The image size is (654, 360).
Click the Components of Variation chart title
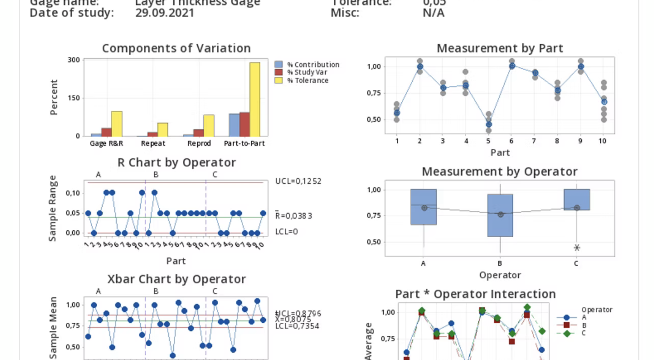pos(176,48)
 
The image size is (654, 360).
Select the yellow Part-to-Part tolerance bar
pos(255,99)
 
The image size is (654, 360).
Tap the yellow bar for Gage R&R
pos(116,124)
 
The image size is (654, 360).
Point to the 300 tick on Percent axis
pos(74,60)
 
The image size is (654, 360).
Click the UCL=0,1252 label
pos(298,181)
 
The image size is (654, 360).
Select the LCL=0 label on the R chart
pos(286,232)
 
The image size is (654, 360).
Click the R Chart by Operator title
pos(176,163)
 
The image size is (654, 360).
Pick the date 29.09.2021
pos(165,13)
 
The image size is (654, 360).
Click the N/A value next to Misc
pos(433,13)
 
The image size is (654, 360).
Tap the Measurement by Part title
pos(499,48)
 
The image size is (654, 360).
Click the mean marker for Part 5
pos(488,125)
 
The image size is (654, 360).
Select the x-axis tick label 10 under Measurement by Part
pos(602,141)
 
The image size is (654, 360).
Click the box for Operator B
pos(500,215)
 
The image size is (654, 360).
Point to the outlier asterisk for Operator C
pos(577,247)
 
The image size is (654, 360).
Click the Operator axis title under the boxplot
pos(499,275)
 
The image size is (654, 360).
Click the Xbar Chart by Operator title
pos(176,279)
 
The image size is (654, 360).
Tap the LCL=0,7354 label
pos(297,326)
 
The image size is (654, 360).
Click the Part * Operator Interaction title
pos(475,294)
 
